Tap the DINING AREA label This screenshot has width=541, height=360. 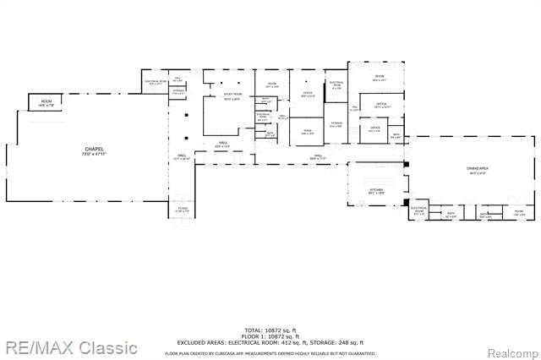478,169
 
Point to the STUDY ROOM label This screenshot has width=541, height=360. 232,95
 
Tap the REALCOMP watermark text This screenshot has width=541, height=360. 510,347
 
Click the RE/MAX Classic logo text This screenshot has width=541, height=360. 69,346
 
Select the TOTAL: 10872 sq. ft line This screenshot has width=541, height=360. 270,330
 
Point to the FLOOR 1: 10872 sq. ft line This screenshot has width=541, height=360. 270,335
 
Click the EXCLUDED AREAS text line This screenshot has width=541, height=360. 270,341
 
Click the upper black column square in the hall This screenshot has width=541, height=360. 183,114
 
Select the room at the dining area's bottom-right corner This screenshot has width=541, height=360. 518,213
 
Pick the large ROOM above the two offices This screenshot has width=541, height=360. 380,78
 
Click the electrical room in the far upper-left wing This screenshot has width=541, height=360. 156,83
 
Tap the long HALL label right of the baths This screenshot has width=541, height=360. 318,156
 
